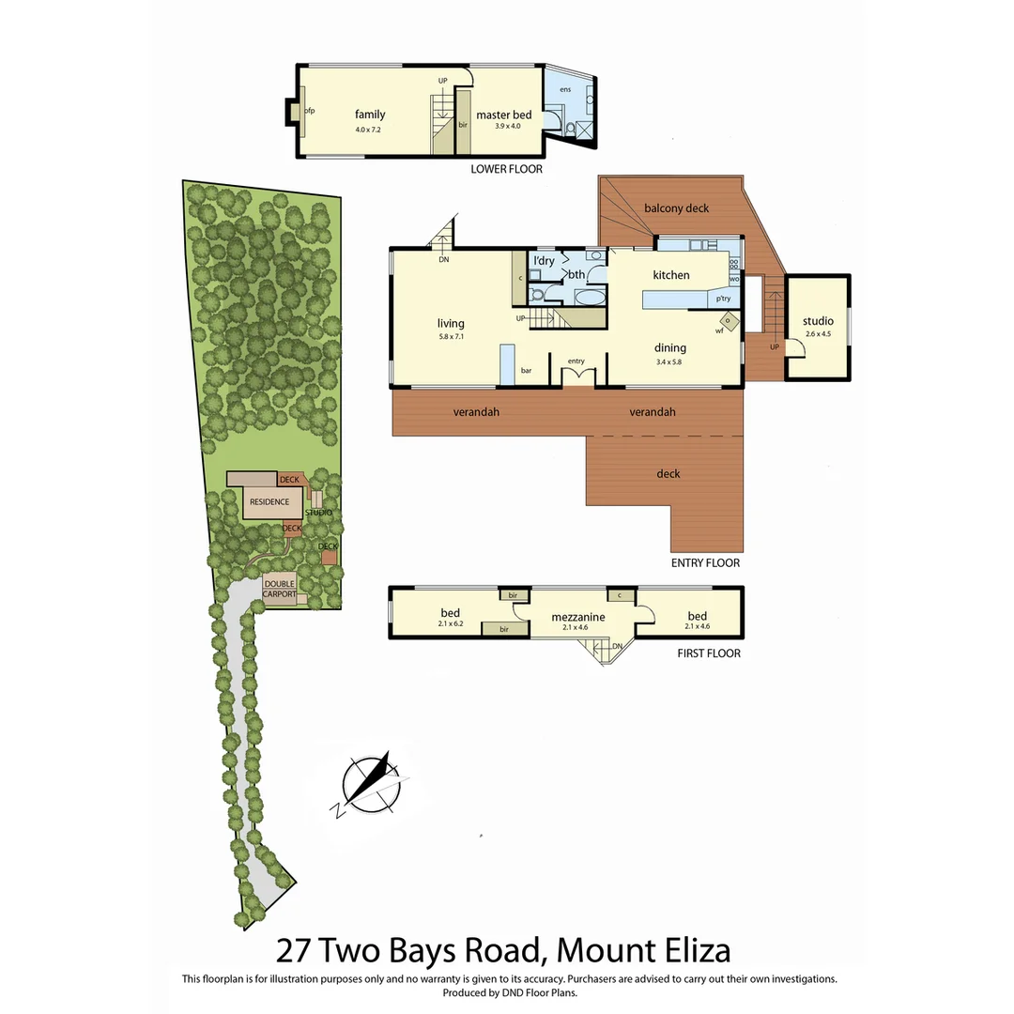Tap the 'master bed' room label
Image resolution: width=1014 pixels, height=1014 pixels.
pos(503,115)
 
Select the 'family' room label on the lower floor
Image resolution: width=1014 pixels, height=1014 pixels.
pos(369,115)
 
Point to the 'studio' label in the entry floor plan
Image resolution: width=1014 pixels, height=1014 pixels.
pos(818,321)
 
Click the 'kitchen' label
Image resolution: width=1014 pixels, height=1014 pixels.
pos(671,275)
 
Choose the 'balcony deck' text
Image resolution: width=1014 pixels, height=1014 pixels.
pos(676,207)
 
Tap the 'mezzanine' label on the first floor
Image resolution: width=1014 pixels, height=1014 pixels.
pos(577,617)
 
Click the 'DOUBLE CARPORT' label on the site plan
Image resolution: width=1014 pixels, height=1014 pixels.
pos(279,590)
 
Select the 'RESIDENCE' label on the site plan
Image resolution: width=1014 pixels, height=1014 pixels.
pos(269,502)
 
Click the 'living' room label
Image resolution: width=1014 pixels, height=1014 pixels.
pos(451,323)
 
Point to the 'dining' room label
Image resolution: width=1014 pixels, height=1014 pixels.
pos(670,347)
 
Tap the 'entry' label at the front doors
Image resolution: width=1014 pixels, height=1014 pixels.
pos(576,361)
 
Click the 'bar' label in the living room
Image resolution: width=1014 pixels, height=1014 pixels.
pos(526,371)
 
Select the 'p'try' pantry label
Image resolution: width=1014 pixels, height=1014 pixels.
pos(723,299)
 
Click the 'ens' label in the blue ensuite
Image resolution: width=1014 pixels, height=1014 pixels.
pos(565,89)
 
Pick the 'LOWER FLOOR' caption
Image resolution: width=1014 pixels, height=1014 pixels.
pos(506,170)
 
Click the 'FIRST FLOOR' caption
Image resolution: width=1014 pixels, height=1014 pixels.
pos(708,653)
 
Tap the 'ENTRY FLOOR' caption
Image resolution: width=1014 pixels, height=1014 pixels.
pos(705,563)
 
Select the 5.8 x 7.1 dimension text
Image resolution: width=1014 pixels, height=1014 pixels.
pos(451,336)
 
